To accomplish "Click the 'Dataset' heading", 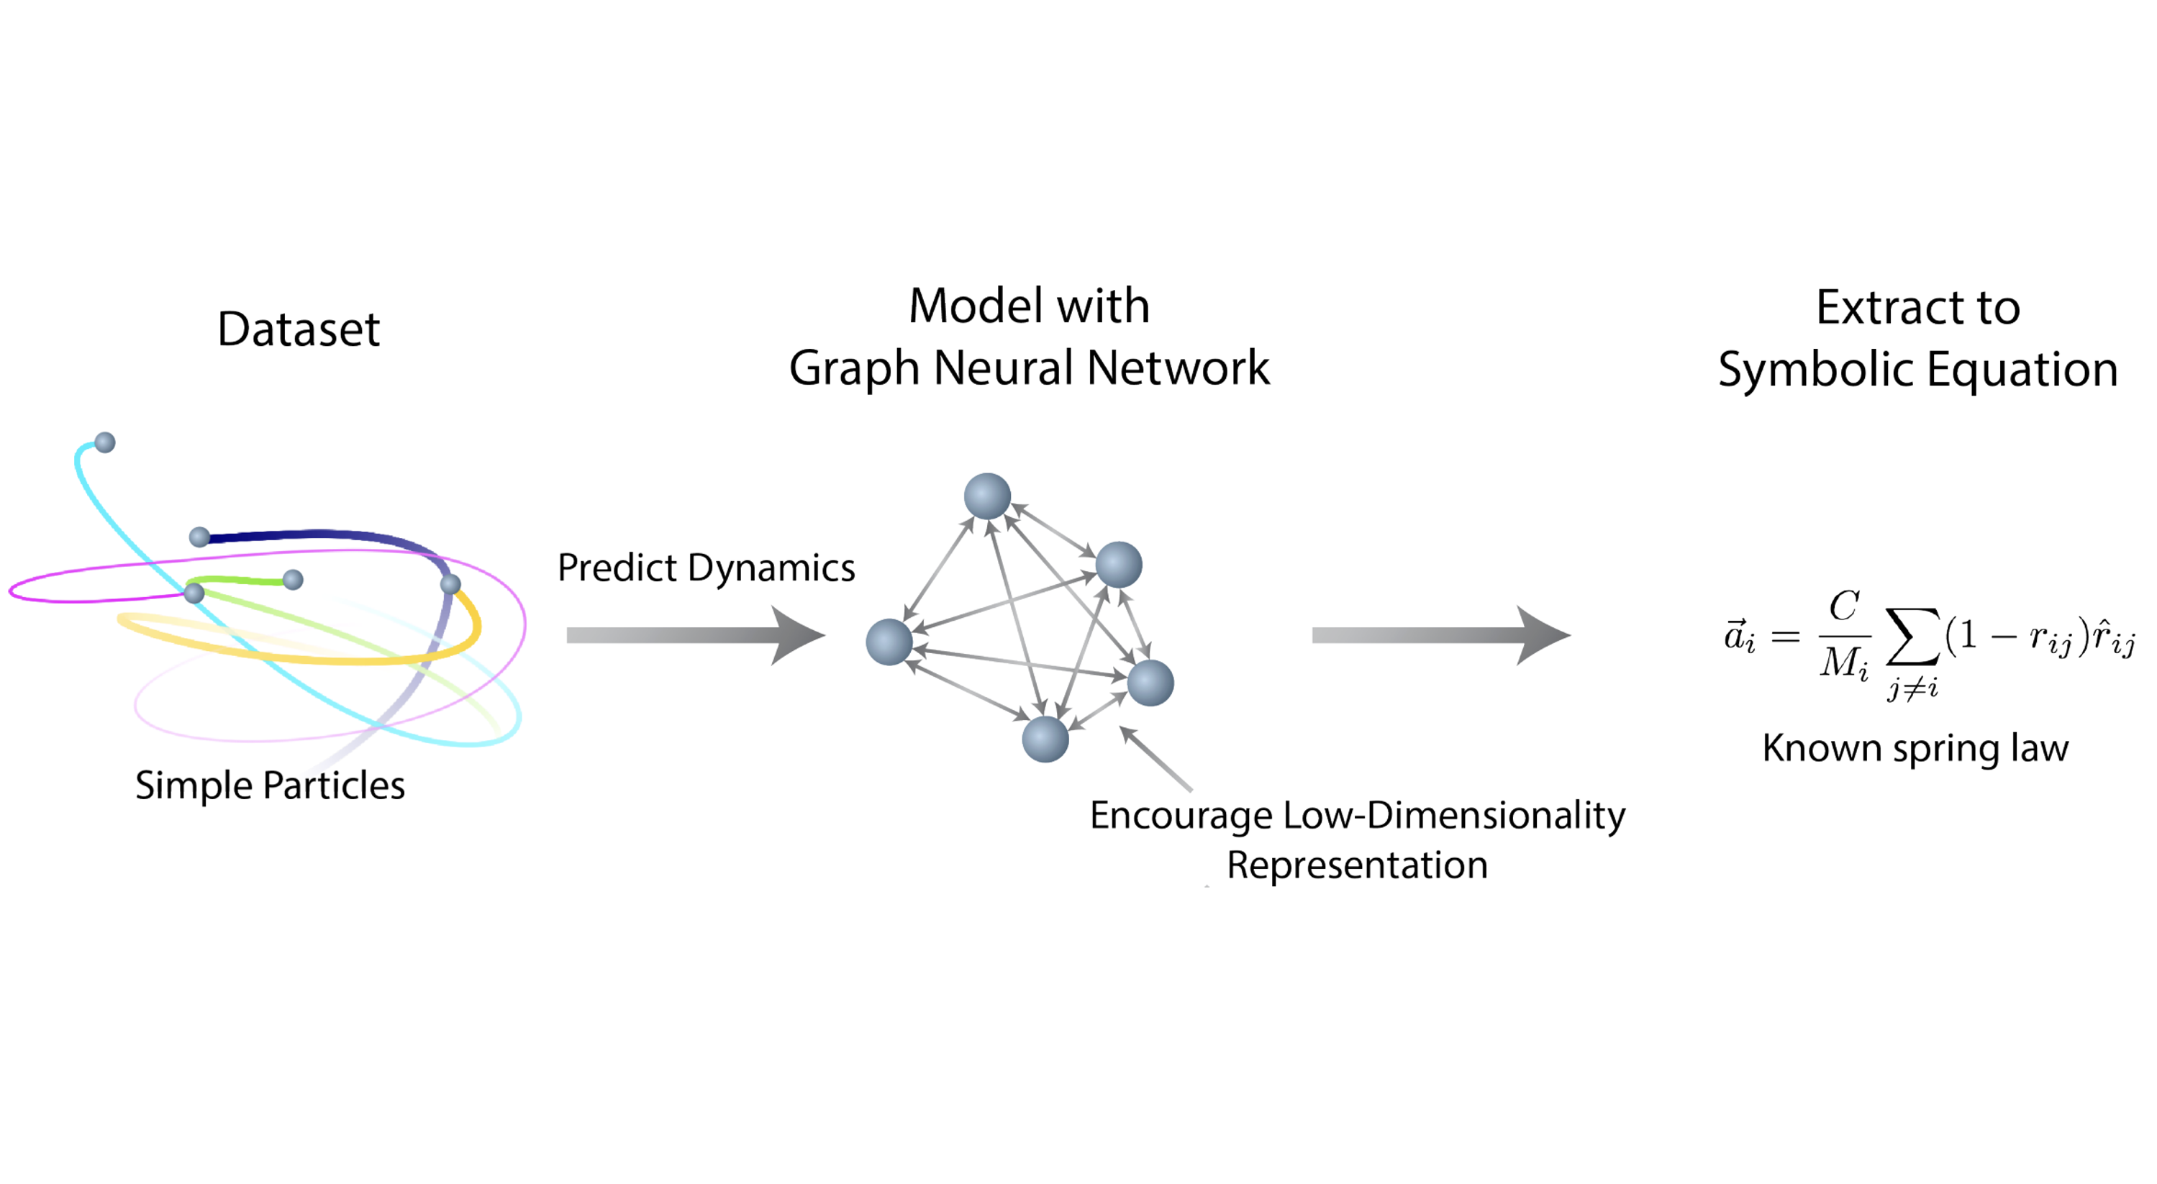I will (x=298, y=329).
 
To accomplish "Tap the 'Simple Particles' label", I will (x=270, y=785).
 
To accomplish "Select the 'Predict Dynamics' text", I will (x=706, y=568).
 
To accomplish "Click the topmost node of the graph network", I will (x=987, y=496).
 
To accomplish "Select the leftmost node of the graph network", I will (x=889, y=642).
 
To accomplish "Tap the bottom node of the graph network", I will (x=1045, y=739).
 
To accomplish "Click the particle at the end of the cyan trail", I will (x=104, y=442).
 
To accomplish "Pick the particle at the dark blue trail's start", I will (x=199, y=537).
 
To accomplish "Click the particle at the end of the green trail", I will (x=293, y=580).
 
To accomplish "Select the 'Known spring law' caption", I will (x=1915, y=748).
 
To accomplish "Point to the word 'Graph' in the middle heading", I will (x=854, y=368).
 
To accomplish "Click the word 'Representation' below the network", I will (x=1356, y=865).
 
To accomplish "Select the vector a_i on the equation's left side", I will (x=1739, y=637).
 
